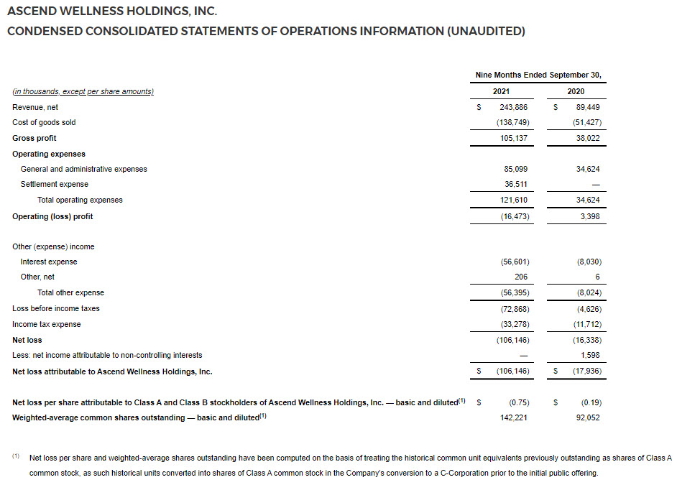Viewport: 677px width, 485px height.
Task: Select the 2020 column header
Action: [x=575, y=91]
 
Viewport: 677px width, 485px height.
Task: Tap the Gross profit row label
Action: [x=34, y=138]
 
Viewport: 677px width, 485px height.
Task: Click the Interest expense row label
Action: [x=49, y=262]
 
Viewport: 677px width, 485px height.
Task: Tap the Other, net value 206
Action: [x=521, y=277]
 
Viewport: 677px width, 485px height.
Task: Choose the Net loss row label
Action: [x=27, y=340]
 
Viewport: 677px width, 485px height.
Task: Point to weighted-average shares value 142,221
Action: [x=515, y=417]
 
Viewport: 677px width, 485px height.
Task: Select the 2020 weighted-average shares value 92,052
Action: [x=587, y=417]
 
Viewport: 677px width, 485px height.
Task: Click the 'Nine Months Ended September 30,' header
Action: [x=538, y=75]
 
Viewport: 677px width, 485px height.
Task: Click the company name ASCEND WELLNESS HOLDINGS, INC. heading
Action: [x=111, y=11]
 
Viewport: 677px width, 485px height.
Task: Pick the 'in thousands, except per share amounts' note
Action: [x=83, y=92]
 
